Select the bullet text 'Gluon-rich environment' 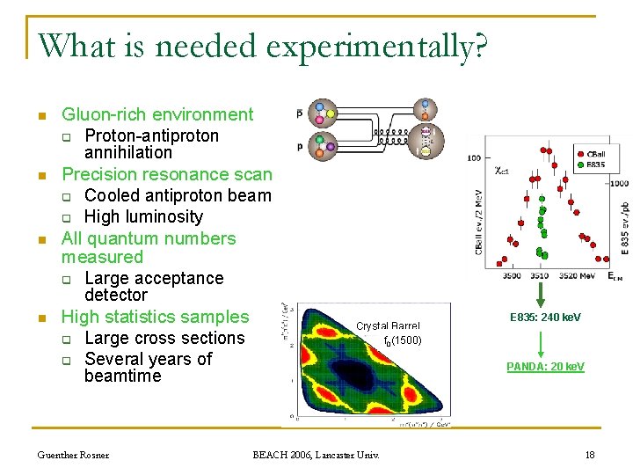tap(156, 114)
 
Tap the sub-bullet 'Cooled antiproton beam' tap(178, 195)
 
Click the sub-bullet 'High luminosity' tap(143, 216)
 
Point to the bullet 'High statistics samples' tap(155, 317)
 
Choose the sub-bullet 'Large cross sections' tap(164, 338)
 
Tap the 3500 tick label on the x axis tap(512, 275)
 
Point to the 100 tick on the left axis tap(473, 158)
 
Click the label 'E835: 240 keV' tap(545, 318)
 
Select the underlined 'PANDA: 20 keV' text tap(545, 366)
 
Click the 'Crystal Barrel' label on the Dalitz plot tap(388, 326)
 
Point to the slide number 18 tap(590, 454)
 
